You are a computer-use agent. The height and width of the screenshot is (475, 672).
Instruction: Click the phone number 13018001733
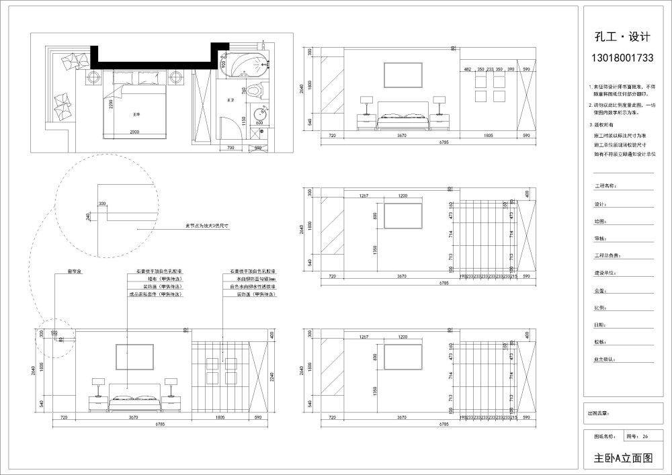622,58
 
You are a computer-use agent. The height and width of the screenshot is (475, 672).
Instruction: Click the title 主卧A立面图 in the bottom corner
623,458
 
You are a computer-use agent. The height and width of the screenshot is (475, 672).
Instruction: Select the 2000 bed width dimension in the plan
134,131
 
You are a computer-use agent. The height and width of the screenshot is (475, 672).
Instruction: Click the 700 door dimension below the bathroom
230,147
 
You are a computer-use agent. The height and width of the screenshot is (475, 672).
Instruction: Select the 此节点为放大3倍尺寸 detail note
208,227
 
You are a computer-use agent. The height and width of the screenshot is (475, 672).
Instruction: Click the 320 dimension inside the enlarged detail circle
102,202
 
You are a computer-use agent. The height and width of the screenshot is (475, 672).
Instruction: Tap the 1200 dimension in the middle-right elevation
403,196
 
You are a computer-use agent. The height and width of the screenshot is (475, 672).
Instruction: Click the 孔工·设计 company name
622,37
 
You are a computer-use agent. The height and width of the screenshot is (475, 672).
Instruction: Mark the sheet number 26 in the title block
645,436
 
